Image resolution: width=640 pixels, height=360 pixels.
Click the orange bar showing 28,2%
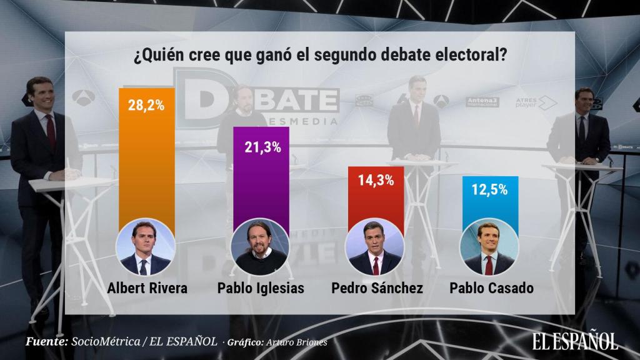[x=146, y=162]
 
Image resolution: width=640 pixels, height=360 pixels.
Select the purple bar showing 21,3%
[x=261, y=181]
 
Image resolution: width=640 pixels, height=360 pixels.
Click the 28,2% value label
[x=147, y=104]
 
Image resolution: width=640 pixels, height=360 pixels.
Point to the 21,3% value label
[x=261, y=147]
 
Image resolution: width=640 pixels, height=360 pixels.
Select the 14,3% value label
[x=376, y=181]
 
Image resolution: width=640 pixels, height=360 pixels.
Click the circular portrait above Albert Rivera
[x=147, y=248]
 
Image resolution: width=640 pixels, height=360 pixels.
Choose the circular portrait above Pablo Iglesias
[x=261, y=248]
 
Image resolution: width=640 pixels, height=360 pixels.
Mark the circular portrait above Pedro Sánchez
[x=375, y=248]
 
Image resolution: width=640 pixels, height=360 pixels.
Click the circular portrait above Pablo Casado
[x=489, y=248]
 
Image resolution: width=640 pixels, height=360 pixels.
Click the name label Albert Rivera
[x=147, y=289]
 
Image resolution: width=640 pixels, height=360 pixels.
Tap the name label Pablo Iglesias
[x=261, y=289]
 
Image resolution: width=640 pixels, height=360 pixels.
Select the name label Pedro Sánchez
[x=375, y=289]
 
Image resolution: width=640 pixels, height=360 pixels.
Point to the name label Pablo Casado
[x=489, y=289]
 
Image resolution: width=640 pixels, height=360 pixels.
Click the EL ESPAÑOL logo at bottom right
[x=575, y=340]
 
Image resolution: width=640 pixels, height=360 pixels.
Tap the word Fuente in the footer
[x=46, y=342]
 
